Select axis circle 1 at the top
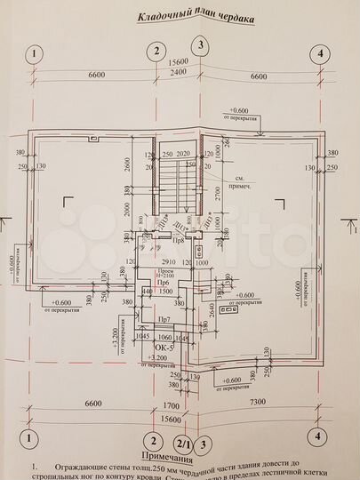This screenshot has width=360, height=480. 33,53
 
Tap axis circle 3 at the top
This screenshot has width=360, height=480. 203,45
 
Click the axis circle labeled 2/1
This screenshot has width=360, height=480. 183,442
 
